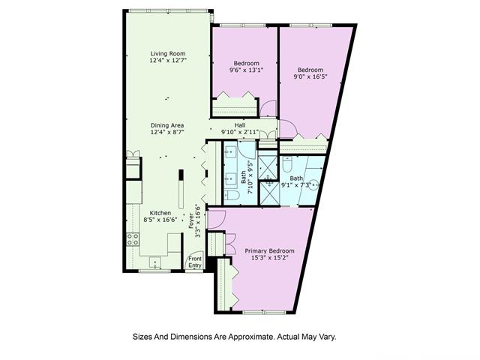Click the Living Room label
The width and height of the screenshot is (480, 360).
pos(168,52)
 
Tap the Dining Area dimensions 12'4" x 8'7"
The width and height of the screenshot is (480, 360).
pos(167,132)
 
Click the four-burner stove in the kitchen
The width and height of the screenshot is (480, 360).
pos(133,240)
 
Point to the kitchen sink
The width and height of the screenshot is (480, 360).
pos(154,262)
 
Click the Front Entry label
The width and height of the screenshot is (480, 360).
pos(195,262)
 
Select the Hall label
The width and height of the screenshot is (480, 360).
pos(240,124)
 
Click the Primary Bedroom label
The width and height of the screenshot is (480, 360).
pos(270,250)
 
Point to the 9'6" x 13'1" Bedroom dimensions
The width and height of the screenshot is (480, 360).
pos(246,72)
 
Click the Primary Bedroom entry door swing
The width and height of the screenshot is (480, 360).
pos(215,220)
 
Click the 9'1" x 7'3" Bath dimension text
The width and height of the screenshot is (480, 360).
pos(296,184)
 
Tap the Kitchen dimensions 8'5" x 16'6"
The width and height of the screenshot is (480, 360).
pos(160,220)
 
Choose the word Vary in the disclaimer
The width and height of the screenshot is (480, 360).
pos(334,337)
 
